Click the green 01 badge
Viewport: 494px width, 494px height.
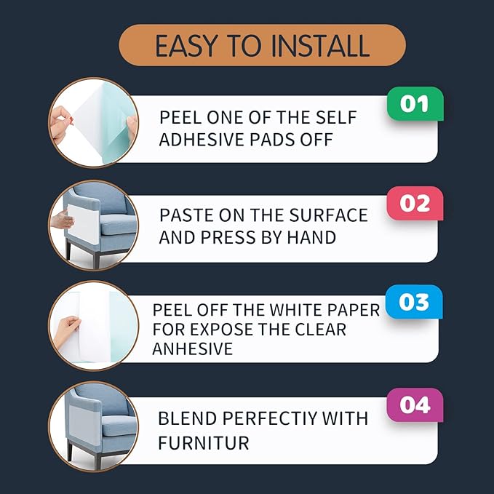(x=415, y=104)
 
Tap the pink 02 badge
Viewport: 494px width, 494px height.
(x=415, y=204)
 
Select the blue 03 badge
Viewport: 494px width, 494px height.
(x=414, y=302)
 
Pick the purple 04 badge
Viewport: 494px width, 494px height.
(x=415, y=405)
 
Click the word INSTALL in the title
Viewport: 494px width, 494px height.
(x=320, y=46)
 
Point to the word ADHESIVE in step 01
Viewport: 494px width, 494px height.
(x=202, y=140)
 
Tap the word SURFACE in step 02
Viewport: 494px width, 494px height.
(x=329, y=215)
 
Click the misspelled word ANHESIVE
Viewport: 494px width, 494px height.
(x=193, y=348)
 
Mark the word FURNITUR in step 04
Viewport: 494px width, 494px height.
(x=204, y=443)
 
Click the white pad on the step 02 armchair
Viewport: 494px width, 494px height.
(x=83, y=224)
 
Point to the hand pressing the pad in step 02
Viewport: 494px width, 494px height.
(x=62, y=219)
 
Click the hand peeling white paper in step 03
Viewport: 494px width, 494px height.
(x=66, y=332)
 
